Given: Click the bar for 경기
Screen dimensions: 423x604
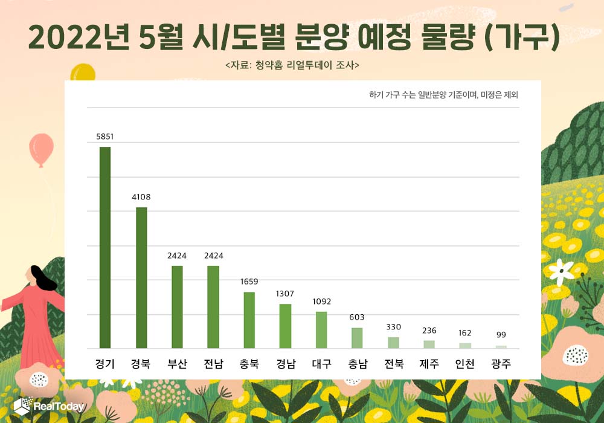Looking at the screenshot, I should click(105, 248).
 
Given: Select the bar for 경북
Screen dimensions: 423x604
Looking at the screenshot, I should click(141, 278).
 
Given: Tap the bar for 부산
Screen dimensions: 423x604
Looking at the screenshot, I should click(177, 307).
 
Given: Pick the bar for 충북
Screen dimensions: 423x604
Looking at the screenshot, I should click(249, 320).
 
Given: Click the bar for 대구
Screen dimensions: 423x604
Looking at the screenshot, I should click(321, 330).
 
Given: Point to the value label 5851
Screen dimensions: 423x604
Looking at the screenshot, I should click(105, 137).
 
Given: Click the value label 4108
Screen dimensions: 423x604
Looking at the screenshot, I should click(141, 197).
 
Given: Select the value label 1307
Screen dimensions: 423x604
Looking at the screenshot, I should click(285, 294).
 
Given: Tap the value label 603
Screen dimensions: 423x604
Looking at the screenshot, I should click(357, 317).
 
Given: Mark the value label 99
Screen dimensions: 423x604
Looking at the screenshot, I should click(501, 335).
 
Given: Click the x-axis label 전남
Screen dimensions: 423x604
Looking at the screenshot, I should click(213, 364).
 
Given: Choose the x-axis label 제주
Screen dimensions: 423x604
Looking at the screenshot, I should click(429, 364).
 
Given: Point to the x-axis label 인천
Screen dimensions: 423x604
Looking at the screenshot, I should click(465, 364).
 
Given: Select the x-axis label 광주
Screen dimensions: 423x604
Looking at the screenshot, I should click(501, 364).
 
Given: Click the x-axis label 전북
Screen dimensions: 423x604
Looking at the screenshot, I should click(393, 364).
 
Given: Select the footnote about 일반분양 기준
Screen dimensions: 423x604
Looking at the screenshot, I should click(443, 95).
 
